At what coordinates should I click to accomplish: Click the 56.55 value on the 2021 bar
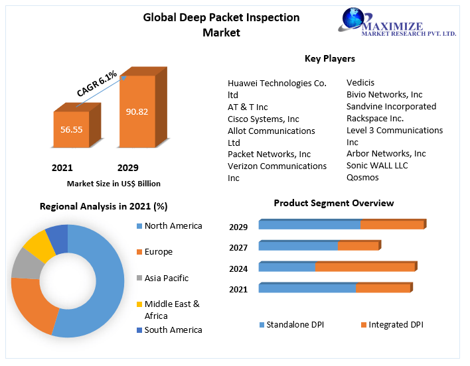click(x=71, y=129)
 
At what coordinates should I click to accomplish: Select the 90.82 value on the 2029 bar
click(x=137, y=111)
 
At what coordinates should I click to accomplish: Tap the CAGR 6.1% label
click(x=97, y=84)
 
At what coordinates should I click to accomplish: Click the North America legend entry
click(x=173, y=226)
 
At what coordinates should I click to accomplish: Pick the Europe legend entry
click(x=158, y=252)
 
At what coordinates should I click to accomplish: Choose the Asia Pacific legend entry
click(x=166, y=278)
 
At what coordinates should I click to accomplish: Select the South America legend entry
click(x=173, y=330)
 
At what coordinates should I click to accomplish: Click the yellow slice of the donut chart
click(x=39, y=245)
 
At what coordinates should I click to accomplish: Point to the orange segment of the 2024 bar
click(x=365, y=267)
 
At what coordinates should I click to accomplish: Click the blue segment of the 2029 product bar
click(x=309, y=225)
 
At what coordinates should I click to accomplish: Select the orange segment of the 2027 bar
click(x=358, y=246)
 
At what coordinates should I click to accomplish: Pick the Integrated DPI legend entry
click(x=396, y=325)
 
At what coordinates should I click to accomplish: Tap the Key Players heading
click(x=329, y=59)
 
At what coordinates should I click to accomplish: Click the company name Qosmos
click(x=362, y=178)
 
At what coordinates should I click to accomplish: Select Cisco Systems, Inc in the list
click(x=264, y=119)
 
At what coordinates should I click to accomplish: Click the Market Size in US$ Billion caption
click(x=114, y=184)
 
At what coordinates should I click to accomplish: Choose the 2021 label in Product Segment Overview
click(x=238, y=290)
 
